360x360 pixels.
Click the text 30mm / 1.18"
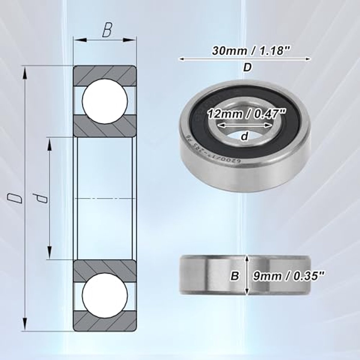[x=247, y=50]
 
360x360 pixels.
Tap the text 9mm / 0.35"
[x=289, y=276]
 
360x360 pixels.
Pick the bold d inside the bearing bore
[x=245, y=136]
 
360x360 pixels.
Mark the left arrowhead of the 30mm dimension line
[x=181, y=59]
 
